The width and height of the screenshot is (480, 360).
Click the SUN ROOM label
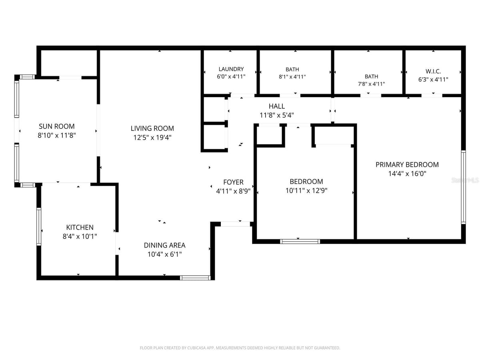click(57, 126)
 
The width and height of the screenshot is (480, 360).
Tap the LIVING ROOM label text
click(152, 128)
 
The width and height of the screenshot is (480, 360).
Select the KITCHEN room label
click(80, 227)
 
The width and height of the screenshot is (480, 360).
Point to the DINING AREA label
click(164, 245)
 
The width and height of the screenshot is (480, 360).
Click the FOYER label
click(233, 182)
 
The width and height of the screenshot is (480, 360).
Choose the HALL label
click(277, 106)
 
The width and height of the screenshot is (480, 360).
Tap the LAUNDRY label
click(231, 69)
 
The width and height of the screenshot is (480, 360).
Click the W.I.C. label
click(433, 71)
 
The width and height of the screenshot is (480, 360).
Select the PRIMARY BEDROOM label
click(407, 164)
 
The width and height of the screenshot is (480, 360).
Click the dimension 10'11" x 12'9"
click(306, 191)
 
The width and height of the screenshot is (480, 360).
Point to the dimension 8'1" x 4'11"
click(292, 77)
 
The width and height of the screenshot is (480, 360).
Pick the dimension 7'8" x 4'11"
click(371, 84)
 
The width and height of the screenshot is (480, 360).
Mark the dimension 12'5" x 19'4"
click(152, 138)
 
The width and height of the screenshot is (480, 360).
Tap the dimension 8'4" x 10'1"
click(80, 236)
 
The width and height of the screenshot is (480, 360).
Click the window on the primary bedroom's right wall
click(463, 187)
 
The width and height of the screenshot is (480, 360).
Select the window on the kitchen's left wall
click(39, 226)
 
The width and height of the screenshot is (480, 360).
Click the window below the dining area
click(195, 278)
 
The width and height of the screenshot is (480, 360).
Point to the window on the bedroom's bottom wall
click(300, 242)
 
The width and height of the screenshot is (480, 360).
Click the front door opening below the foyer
click(235, 224)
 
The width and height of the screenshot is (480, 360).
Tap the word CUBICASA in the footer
click(196, 348)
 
